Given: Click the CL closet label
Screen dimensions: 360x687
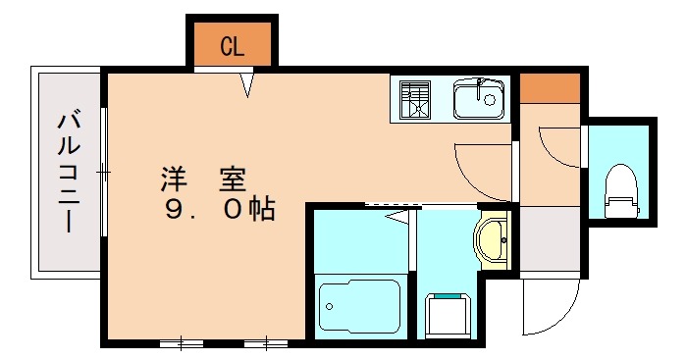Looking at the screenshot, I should click(232, 46).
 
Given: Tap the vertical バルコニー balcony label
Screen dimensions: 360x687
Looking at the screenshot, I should click(69, 173).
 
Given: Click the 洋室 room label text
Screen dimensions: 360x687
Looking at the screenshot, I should click(203, 180).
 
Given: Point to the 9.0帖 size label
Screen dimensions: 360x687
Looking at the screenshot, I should click(220, 209).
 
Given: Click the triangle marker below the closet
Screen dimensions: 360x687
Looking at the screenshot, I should click(247, 86).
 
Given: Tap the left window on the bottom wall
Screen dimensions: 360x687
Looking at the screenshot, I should click(181, 342).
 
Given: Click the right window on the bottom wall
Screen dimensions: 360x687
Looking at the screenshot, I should click(264, 342).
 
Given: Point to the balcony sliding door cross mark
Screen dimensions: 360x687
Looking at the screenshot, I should click(103, 174).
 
